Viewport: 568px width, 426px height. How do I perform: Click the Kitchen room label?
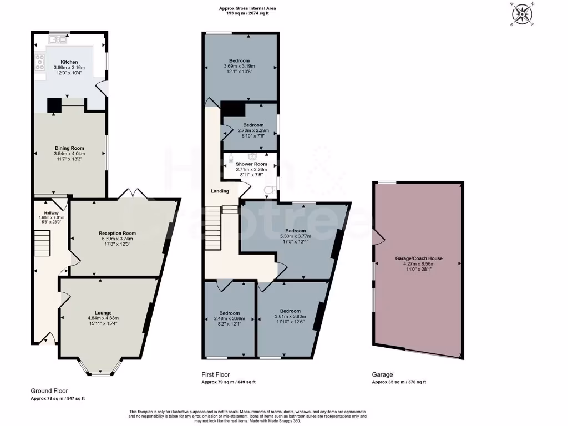(x=69, y=62)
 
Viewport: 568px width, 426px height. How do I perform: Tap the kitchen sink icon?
(x=58, y=39)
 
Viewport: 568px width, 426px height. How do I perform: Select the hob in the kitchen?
(x=40, y=62)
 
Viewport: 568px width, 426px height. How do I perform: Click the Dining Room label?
(x=69, y=148)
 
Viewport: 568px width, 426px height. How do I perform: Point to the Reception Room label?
(x=117, y=233)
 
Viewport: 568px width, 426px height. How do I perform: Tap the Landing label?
(x=220, y=191)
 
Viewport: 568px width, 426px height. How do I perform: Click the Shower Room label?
(x=251, y=164)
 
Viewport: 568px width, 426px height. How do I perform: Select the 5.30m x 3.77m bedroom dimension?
(x=295, y=236)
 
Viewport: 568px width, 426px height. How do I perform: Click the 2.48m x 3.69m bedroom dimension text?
(x=229, y=319)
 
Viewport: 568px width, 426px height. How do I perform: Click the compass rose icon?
(x=521, y=14)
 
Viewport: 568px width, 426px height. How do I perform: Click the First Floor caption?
(x=215, y=375)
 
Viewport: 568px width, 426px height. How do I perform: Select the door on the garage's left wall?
(x=378, y=237)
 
